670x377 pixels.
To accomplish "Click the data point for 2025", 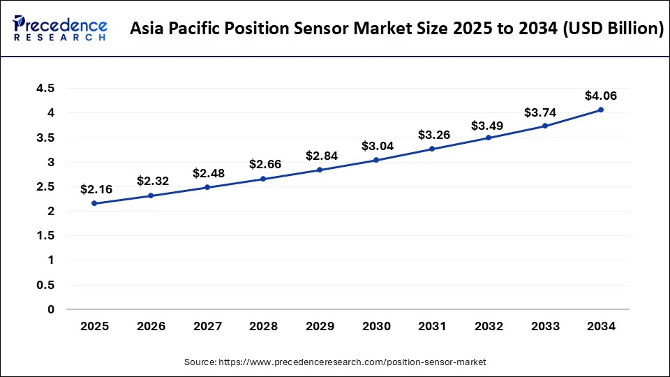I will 94,203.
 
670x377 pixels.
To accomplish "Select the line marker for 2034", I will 600,110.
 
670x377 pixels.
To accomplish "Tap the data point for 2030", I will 375,160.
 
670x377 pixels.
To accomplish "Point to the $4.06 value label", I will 600,96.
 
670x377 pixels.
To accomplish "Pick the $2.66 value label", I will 263,165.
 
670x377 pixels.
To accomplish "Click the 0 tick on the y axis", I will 50,309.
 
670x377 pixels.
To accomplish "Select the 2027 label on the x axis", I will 207,326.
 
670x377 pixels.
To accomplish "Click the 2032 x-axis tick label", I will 488,326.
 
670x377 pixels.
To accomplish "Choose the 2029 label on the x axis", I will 319,326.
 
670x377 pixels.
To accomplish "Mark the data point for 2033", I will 544,126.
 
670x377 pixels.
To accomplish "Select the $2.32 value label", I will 151,181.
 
